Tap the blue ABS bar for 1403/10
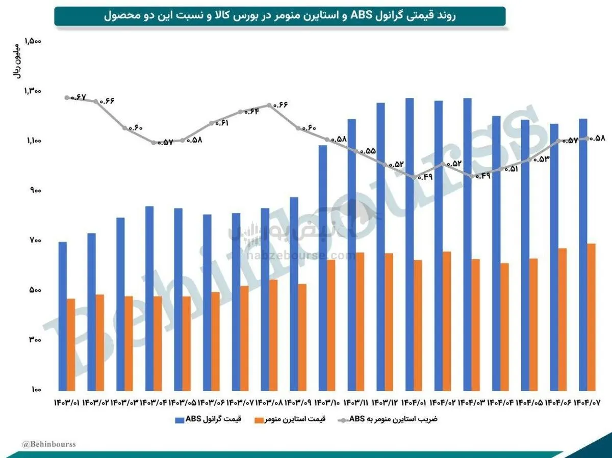coord(323,268)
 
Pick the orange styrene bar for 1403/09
coord(302,337)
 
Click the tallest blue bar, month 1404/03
coord(467,244)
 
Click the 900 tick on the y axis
coord(35,191)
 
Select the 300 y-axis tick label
coord(35,340)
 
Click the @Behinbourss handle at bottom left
coord(49,444)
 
